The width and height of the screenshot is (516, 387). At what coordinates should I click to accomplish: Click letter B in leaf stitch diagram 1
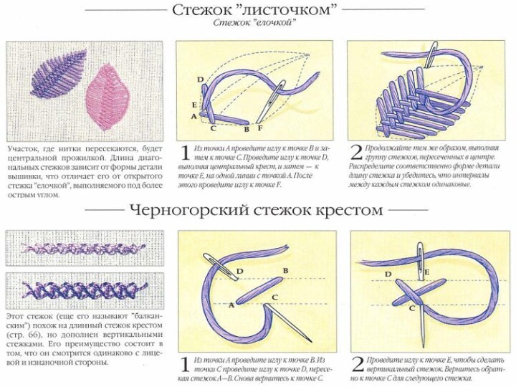247,130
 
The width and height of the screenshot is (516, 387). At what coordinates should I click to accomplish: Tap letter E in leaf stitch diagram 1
195,105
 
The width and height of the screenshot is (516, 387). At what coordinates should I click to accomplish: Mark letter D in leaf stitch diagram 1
200,79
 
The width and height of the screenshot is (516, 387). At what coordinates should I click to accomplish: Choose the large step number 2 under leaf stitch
357,152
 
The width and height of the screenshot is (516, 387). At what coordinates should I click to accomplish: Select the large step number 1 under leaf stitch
184,152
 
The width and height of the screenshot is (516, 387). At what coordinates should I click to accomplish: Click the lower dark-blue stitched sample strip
85,290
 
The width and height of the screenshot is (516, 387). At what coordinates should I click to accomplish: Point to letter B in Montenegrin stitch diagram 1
285,270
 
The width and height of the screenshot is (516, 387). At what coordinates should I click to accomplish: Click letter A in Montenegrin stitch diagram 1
231,304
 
